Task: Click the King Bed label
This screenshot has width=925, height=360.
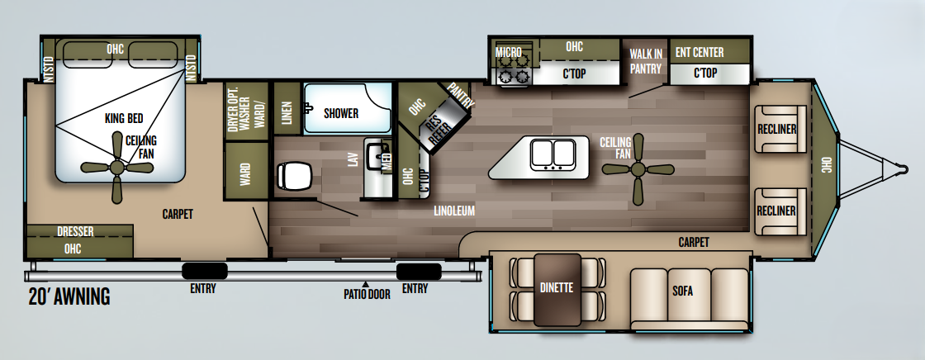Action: pos(125,118)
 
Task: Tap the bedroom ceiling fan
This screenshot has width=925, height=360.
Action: pos(116,168)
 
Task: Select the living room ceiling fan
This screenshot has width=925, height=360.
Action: pos(637,169)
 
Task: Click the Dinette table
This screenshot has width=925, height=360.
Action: pos(557,288)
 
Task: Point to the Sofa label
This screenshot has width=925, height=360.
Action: pos(682,291)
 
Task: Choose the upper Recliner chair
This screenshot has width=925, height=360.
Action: pos(778,130)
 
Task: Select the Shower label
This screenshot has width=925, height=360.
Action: pos(340,113)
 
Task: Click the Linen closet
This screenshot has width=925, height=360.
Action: pos(287,110)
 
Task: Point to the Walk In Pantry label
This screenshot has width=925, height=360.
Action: pos(645,62)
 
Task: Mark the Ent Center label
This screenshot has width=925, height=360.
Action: pos(699,52)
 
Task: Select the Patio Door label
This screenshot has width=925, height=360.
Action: pos(367,294)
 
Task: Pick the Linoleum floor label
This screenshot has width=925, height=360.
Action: pos(454,211)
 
